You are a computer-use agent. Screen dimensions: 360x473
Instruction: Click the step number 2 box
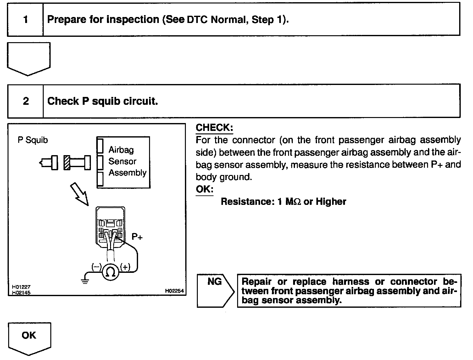click(26, 101)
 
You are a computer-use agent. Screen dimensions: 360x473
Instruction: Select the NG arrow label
click(215, 282)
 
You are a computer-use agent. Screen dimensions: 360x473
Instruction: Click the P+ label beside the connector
click(137, 237)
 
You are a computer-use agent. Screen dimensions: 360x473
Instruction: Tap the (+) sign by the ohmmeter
click(125, 267)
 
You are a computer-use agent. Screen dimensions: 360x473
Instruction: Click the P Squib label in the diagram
click(33, 140)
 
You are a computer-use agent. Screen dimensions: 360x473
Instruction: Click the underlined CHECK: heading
click(214, 128)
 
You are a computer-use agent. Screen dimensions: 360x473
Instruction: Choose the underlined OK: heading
click(204, 189)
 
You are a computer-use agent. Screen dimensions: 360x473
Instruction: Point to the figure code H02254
click(174, 291)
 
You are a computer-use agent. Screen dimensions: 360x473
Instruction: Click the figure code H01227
click(21, 287)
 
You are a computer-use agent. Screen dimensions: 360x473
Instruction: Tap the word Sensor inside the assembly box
click(122, 161)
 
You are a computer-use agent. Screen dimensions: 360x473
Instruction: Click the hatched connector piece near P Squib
click(67, 163)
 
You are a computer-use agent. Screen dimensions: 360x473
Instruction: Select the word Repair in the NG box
click(256, 282)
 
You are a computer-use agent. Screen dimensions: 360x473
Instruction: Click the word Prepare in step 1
click(67, 20)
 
